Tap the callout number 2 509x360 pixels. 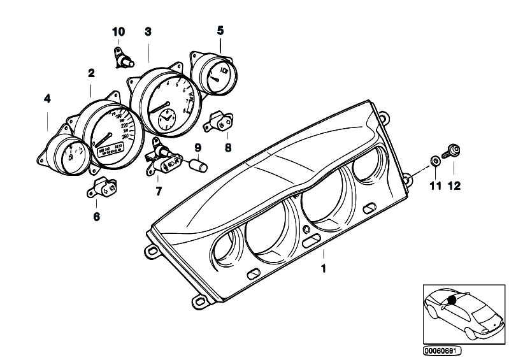point(91,73)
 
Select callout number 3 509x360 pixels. point(148,31)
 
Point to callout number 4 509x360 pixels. point(47,98)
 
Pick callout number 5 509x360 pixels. point(220,30)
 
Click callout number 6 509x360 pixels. point(96,217)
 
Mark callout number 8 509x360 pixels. point(228,146)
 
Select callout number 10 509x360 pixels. point(119,31)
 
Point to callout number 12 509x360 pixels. point(455,187)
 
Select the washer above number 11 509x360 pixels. point(434,159)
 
